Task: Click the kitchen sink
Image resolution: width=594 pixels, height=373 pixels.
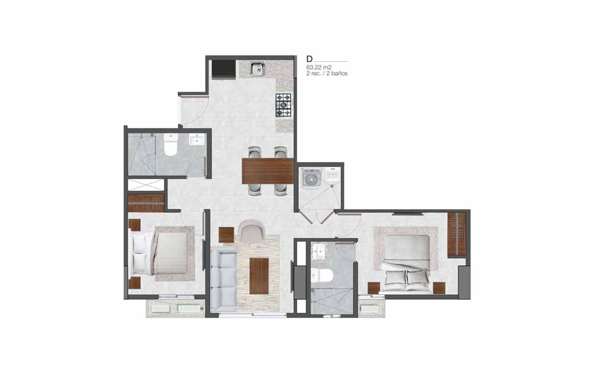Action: [258, 68]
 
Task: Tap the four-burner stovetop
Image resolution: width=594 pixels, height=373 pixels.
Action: [284, 105]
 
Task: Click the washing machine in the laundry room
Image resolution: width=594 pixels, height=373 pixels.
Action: [312, 178]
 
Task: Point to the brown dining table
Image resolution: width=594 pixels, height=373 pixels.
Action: [268, 171]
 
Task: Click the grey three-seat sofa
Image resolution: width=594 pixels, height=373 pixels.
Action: [223, 280]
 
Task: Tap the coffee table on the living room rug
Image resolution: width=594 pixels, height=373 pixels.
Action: [259, 276]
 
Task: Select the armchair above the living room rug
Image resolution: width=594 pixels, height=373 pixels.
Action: [252, 230]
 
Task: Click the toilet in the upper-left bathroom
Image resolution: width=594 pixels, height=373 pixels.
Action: [170, 145]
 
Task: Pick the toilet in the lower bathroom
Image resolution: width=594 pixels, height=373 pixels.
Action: [321, 275]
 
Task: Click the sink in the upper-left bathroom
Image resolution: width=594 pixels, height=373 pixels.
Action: [197, 139]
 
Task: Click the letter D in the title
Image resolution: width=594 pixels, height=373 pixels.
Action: [309, 59]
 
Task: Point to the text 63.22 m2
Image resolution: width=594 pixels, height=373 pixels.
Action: [319, 68]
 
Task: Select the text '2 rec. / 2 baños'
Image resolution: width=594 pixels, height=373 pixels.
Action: [327, 74]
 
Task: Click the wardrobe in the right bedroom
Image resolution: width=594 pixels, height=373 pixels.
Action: [457, 233]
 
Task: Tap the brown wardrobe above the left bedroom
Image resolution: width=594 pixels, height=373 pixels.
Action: [146, 203]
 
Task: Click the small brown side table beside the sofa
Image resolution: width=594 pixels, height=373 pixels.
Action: [226, 234]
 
